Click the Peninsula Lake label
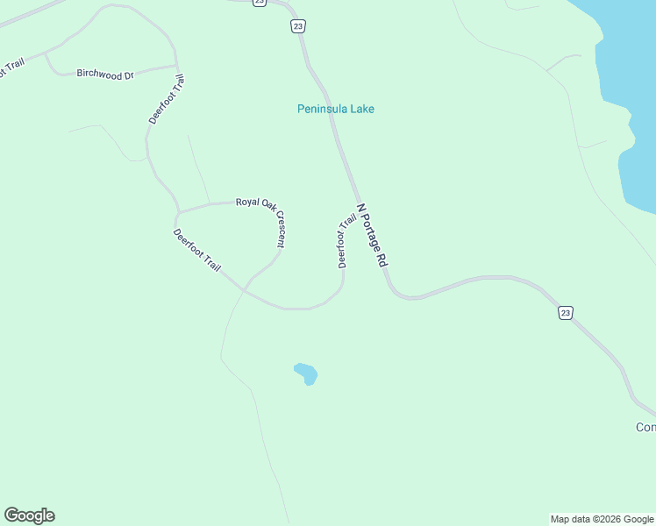pos(336,109)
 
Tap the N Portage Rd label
pos(373,236)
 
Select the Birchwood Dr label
pos(104,75)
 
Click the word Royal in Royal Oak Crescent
pos(247,203)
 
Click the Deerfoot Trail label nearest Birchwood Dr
pos(167,99)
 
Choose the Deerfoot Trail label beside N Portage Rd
pos(346,239)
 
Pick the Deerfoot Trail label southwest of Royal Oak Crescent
pos(197,250)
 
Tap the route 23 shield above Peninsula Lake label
pos(298,27)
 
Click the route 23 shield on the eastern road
pos(566,313)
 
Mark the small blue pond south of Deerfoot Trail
pos(306,373)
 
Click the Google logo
pos(29,515)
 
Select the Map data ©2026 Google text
pos(603,519)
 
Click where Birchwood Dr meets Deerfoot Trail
pos(176,66)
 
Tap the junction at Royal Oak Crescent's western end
pos(177,212)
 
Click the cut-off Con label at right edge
pos(645,428)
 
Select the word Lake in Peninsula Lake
pos(361,109)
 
